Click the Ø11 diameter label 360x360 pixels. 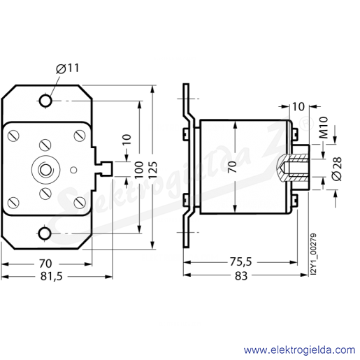click(x=68, y=69)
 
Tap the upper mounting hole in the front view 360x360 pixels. click(x=45, y=101)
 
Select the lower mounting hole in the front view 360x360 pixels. click(x=45, y=233)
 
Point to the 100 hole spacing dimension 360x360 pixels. click(x=139, y=169)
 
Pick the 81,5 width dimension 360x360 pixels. click(x=52, y=277)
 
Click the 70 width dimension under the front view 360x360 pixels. click(x=45, y=264)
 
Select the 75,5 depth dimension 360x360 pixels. click(x=241, y=262)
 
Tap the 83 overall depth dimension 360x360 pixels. click(x=241, y=275)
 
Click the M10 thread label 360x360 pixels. click(x=323, y=127)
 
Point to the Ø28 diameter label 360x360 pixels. click(x=337, y=168)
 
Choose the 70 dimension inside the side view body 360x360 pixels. click(x=232, y=166)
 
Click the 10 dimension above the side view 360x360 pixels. click(x=298, y=106)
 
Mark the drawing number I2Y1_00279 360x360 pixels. click(x=314, y=254)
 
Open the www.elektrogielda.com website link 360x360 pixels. click(x=299, y=350)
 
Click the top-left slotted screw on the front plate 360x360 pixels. click(x=13, y=136)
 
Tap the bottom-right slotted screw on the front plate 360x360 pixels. click(x=80, y=202)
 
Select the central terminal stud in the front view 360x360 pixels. click(x=45, y=169)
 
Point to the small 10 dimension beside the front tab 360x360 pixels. click(x=127, y=140)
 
